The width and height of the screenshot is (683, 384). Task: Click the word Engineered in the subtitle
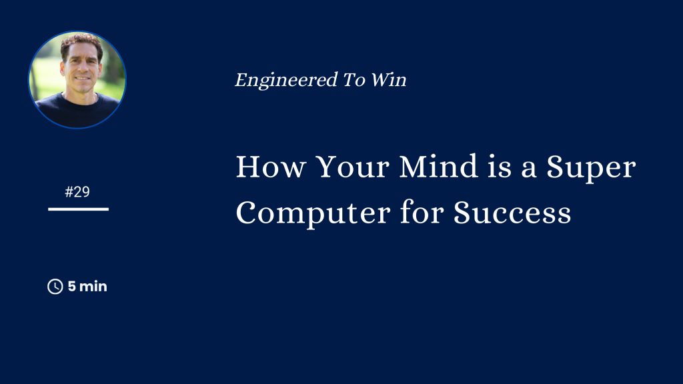tap(286, 81)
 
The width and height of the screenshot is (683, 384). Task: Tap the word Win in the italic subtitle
tap(389, 80)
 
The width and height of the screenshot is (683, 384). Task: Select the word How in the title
tap(270, 166)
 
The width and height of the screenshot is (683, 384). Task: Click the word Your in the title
tap(352, 166)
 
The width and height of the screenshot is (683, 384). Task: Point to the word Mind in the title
tap(438, 166)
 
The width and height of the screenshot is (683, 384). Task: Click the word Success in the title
tap(512, 213)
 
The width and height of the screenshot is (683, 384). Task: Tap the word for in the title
tap(422, 212)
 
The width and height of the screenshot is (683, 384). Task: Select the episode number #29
tap(77, 192)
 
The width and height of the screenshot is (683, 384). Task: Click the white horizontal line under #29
tap(79, 209)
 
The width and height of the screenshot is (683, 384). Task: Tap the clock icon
tap(55, 287)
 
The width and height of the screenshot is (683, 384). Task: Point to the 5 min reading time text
tap(87, 287)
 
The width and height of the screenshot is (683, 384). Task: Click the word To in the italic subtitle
tap(354, 80)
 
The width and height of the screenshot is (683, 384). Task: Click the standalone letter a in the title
tap(528, 170)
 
